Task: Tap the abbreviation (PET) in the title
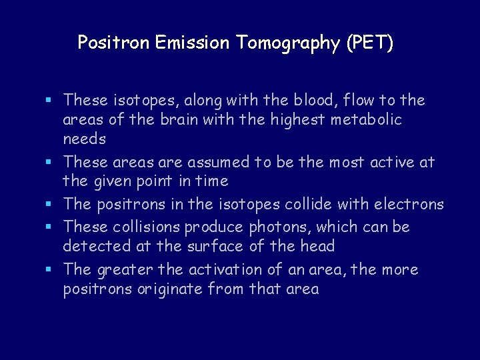pos(369,43)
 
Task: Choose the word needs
pos(84,139)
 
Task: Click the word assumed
pos(220,162)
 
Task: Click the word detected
pos(93,247)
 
